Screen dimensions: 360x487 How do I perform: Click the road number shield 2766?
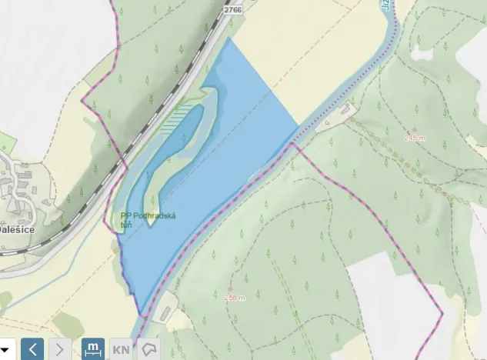232,9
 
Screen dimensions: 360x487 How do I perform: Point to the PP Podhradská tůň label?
148,219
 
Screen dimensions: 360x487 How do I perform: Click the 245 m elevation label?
415,138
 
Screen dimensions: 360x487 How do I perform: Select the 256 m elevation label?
235,298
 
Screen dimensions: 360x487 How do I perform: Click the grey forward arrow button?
60,348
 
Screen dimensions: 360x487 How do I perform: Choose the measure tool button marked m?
92,348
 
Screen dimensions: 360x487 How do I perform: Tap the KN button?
121,348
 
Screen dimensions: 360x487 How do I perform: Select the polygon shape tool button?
148,348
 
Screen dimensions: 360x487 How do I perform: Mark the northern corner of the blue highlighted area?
228,38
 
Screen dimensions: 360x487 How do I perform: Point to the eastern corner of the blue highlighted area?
299,125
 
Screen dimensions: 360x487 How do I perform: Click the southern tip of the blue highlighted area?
142,313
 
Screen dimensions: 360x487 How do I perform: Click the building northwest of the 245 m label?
344,113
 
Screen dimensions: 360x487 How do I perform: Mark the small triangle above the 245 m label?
415,129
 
